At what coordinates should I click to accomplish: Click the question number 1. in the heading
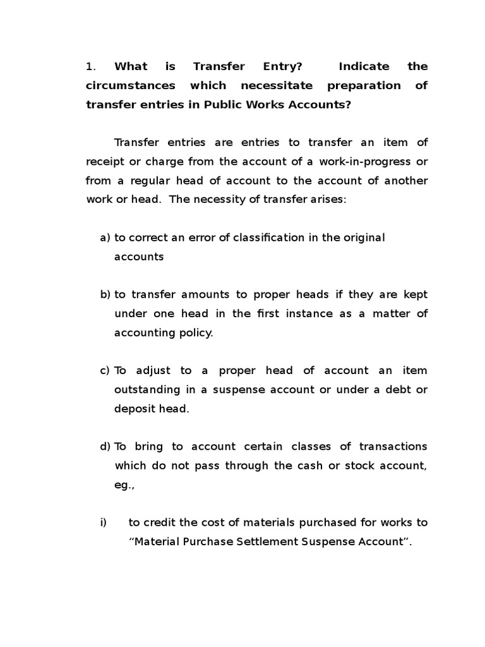90,66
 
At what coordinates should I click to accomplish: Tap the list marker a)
105,238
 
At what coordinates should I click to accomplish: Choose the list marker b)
105,294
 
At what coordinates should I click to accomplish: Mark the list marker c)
105,370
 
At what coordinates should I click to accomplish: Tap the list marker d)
105,447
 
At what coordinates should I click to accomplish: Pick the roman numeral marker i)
104,523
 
